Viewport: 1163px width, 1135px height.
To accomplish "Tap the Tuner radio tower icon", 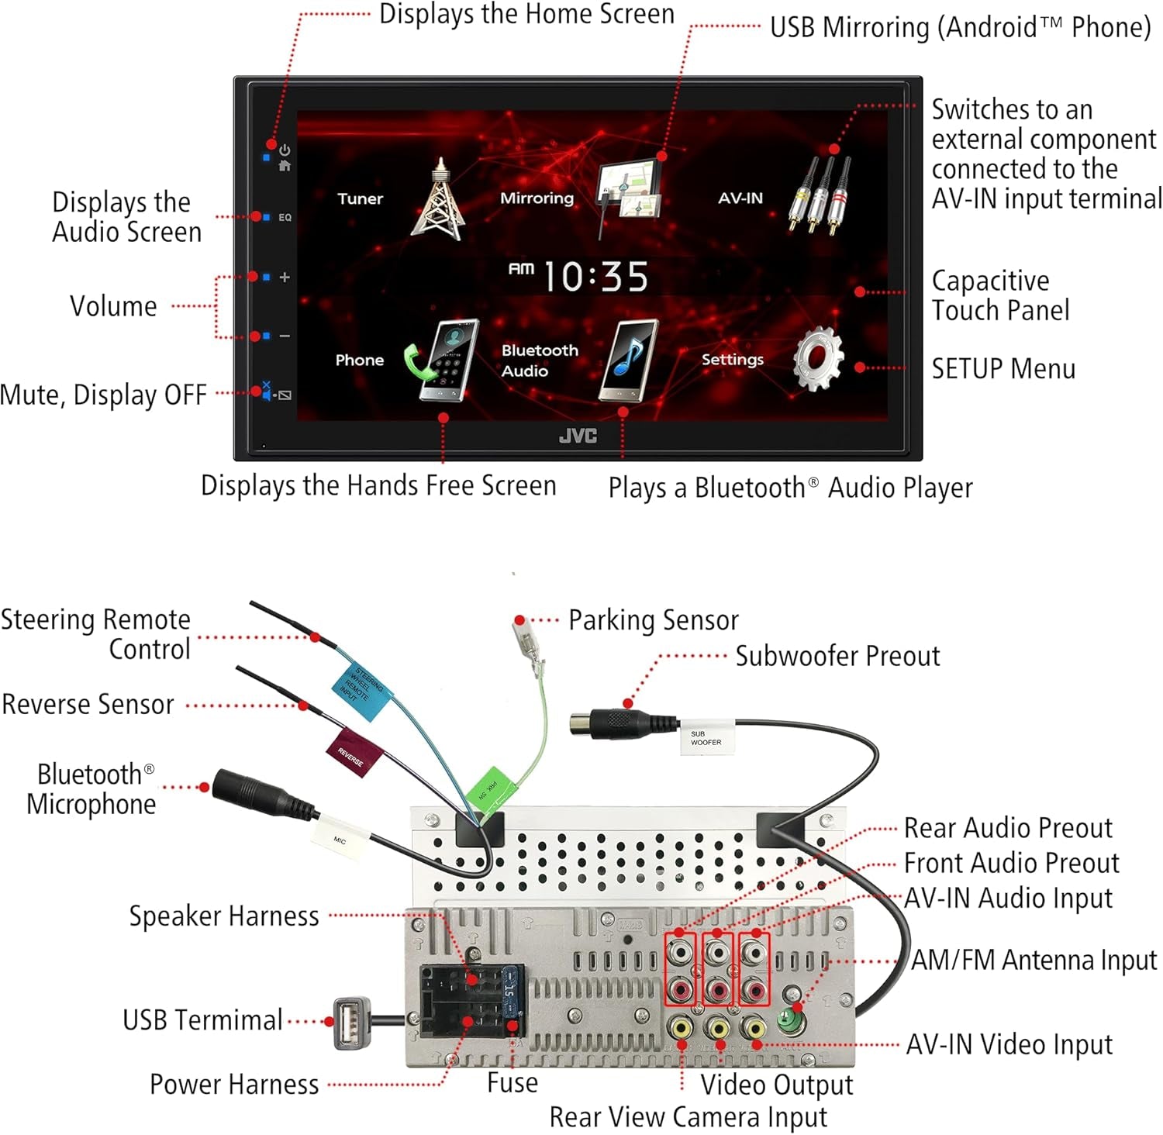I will pyautogui.click(x=439, y=199).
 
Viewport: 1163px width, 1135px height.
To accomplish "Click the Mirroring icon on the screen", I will pyautogui.click(x=629, y=194).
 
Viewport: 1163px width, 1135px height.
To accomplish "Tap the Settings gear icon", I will pyautogui.click(x=818, y=359).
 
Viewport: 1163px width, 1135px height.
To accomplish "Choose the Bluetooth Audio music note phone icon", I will pyautogui.click(x=629, y=361).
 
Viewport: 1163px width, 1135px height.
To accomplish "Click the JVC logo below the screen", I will pyautogui.click(x=578, y=436).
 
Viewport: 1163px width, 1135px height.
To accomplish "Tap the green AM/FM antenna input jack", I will pyautogui.click(x=790, y=1019).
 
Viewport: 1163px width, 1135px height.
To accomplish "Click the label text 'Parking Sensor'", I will pyautogui.click(x=653, y=620).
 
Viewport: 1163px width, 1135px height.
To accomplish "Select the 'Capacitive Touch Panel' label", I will pyautogui.click(x=999, y=295).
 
